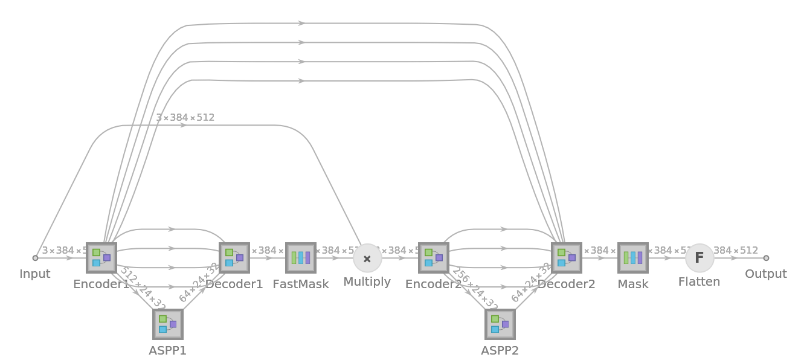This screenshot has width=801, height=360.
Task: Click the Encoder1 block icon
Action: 101,258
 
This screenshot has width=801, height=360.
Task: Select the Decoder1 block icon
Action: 234,258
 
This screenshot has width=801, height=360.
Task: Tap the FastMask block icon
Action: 301,258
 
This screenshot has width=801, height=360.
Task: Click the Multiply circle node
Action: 367,259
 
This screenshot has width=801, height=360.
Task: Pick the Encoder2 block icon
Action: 434,258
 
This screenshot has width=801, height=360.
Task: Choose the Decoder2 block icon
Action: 567,258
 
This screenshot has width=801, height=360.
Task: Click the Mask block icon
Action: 633,258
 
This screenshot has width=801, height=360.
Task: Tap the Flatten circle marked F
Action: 700,258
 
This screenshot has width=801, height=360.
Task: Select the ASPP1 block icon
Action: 168,324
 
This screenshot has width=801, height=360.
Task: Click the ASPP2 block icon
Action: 500,324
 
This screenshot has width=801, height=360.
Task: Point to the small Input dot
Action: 35,258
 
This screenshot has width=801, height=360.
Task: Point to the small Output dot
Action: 766,258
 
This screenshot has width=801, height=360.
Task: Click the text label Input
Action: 35,274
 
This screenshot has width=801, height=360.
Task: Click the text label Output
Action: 765,274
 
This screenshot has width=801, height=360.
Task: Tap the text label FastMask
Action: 301,284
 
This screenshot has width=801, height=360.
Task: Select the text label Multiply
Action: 367,282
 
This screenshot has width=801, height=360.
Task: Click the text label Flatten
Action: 700,282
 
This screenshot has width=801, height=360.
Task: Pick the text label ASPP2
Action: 500,350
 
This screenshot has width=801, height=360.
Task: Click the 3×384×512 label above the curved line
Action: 185,118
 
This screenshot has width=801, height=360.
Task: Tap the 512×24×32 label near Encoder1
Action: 143,288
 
